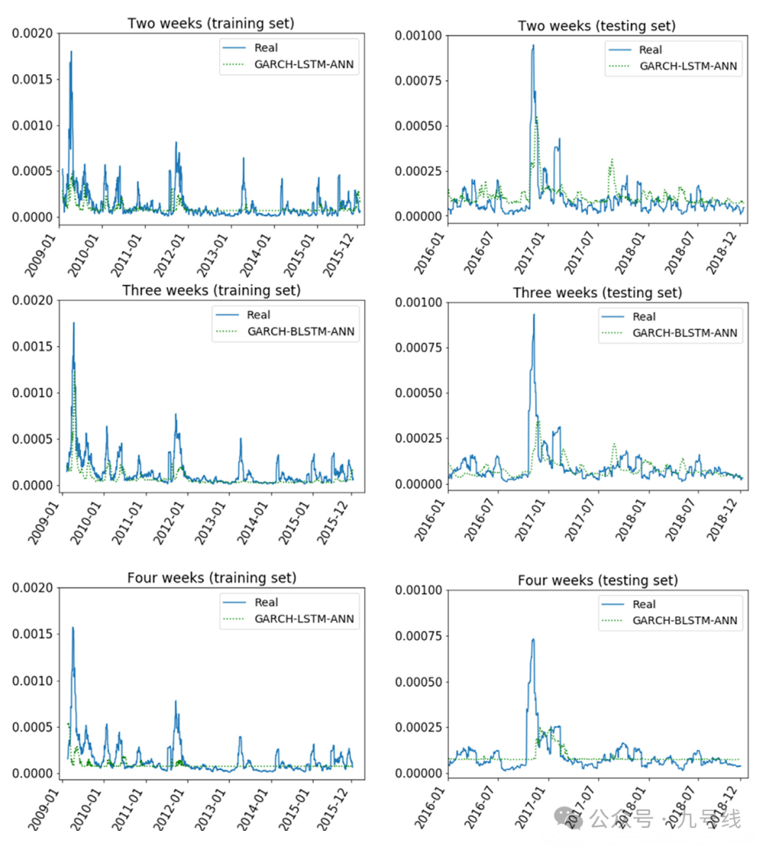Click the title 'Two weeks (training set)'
[211, 23]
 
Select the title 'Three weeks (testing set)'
[597, 292]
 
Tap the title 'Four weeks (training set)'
[211, 578]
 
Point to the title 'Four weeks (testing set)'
[597, 580]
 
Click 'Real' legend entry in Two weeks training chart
[266, 48]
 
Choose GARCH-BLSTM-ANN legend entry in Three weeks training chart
[301, 331]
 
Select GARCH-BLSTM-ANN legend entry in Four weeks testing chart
[684, 620]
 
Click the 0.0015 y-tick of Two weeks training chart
[33, 79]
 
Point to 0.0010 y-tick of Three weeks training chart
[33, 393]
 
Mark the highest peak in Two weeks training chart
[71, 52]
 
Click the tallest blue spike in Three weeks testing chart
[533, 315]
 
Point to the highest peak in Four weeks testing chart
[533, 639]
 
